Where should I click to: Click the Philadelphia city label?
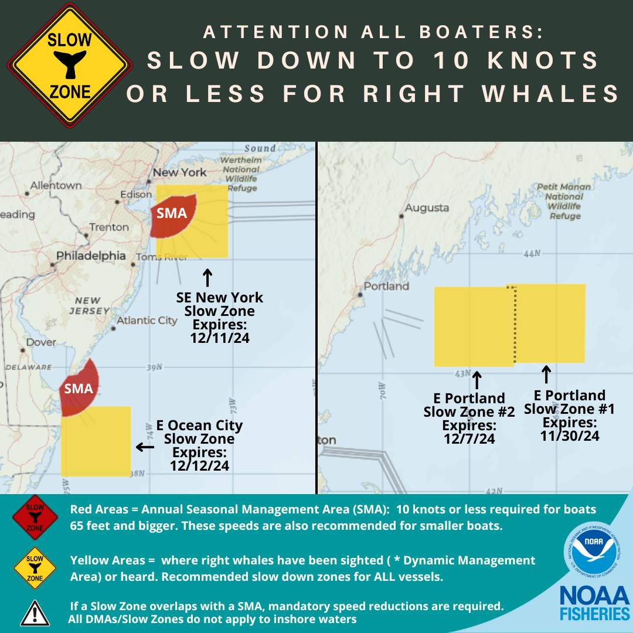pos(91,256)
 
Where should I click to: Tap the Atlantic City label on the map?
pos(147,321)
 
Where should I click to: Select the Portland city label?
pos(386,286)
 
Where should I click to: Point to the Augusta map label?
pos(427,207)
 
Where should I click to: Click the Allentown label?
pos(56,185)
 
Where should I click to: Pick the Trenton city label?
pos(109,227)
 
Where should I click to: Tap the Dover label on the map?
pos(42,342)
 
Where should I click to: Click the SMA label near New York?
pos(172,213)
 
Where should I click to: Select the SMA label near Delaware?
pos(79,388)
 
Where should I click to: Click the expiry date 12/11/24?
pos(220,338)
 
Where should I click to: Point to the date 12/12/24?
pos(200,466)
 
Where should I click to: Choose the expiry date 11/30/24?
pos(570,435)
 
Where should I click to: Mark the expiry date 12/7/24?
pos(469,438)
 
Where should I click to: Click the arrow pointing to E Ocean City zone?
pos(145,447)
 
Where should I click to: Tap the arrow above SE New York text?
pos(207,277)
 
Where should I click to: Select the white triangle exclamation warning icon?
pos(35,612)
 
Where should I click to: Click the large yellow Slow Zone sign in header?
pos(70,66)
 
